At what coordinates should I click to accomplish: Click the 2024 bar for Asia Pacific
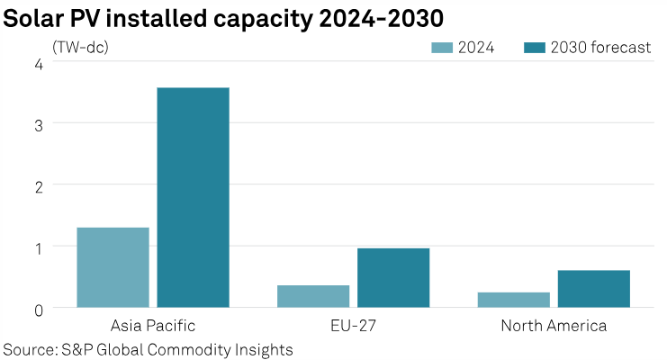pyautogui.click(x=113, y=267)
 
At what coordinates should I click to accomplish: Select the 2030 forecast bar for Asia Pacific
pyautogui.click(x=193, y=197)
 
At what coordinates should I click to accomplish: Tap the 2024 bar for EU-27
pyautogui.click(x=312, y=296)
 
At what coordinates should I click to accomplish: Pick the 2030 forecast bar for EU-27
pyautogui.click(x=392, y=277)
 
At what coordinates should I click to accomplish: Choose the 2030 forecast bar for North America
pyautogui.click(x=593, y=289)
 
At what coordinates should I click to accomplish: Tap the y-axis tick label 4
pyautogui.click(x=38, y=64)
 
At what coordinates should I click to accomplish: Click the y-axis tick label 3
pyautogui.click(x=38, y=124)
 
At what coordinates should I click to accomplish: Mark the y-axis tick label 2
pyautogui.click(x=38, y=185)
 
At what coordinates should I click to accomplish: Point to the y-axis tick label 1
pyautogui.click(x=38, y=247)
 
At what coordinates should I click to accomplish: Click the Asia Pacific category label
pyautogui.click(x=152, y=325)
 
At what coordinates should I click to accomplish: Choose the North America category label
pyautogui.click(x=553, y=325)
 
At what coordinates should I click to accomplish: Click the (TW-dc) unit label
pyautogui.click(x=81, y=47)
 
